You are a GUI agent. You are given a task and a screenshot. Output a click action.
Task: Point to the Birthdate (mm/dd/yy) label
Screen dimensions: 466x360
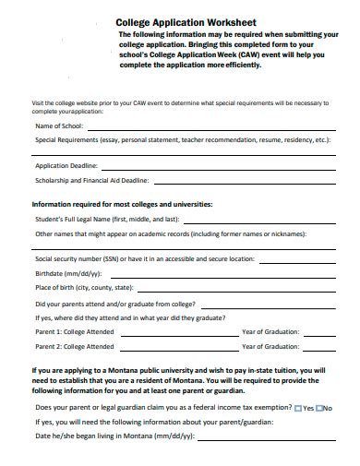(68, 273)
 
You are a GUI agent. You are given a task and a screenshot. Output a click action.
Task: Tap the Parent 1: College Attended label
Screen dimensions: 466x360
(75, 331)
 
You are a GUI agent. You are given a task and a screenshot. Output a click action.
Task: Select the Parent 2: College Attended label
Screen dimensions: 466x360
(75, 347)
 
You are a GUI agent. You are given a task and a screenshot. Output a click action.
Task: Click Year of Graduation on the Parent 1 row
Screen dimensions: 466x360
(270, 331)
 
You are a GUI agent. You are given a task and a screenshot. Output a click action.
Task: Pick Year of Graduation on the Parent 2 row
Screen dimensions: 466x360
(270, 347)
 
